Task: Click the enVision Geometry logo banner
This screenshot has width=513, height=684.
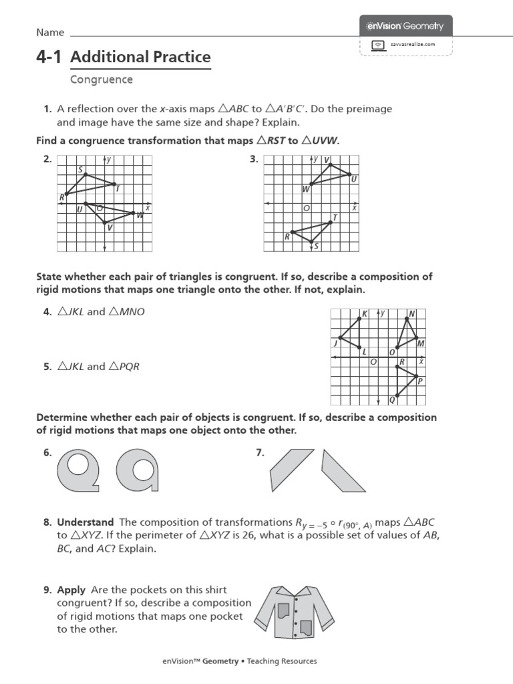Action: [x=405, y=26]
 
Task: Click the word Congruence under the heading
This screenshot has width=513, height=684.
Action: [x=102, y=79]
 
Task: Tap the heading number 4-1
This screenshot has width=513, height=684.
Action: [x=49, y=57]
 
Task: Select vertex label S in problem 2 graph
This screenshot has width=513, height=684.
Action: [x=80, y=170]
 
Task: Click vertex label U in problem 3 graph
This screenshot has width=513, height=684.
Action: [x=353, y=179]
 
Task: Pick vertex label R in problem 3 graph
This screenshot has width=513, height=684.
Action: [x=287, y=236]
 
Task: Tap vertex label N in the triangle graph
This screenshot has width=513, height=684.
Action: [x=411, y=313]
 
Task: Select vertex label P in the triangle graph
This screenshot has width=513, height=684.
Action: [x=419, y=381]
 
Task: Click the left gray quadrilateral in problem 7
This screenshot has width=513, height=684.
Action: [x=291, y=470]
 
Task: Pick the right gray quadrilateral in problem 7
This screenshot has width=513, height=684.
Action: [x=345, y=470]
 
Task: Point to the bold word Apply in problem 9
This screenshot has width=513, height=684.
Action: [x=71, y=590]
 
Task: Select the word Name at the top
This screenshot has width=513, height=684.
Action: [x=50, y=33]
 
